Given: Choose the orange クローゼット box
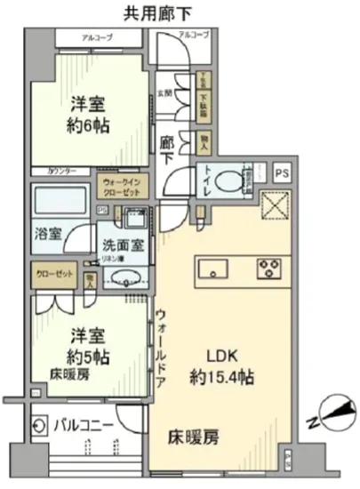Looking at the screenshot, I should tap(55, 277).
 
